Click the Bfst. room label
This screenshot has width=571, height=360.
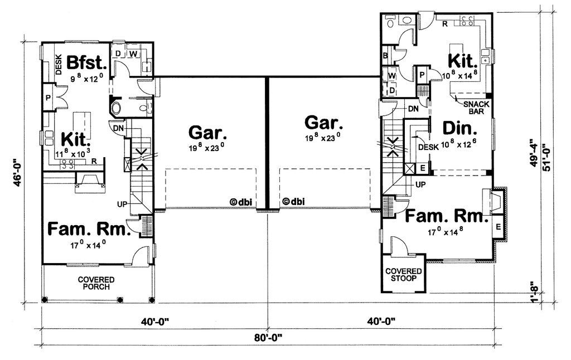point(86,62)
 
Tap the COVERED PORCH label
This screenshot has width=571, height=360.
point(96,283)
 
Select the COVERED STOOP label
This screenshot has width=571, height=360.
point(404,275)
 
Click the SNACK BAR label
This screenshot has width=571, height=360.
point(476,108)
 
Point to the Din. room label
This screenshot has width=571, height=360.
point(459,129)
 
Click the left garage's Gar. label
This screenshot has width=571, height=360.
point(207,133)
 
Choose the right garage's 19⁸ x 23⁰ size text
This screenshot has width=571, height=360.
point(323,138)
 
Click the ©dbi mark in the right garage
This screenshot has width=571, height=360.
point(293,202)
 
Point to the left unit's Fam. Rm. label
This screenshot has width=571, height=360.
point(89,230)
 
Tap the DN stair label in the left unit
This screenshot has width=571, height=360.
point(118,128)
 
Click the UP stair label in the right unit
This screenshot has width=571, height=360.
point(420,184)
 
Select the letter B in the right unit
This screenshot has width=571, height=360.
point(385,56)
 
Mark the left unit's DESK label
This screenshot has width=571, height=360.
point(59,64)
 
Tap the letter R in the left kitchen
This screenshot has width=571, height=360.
point(94,161)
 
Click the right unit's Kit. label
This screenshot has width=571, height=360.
point(462,61)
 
